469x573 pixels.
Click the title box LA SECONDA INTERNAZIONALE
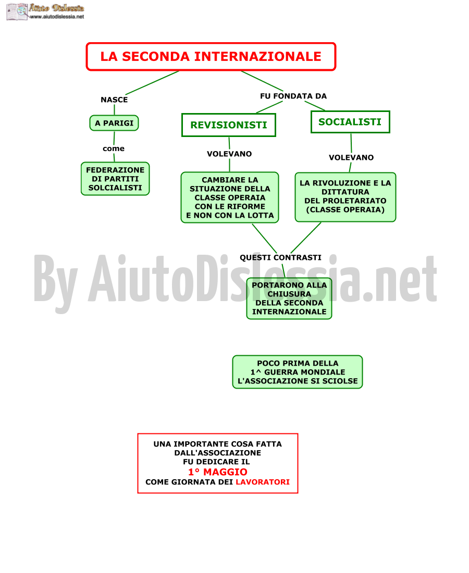211,57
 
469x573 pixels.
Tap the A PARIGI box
114,123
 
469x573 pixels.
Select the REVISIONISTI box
229,125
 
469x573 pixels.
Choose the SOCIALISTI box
350,122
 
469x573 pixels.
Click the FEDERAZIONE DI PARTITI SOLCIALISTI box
115,179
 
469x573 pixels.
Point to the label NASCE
115,100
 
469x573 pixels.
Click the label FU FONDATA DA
293,96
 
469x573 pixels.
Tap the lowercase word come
114,149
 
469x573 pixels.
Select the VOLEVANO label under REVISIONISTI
230,154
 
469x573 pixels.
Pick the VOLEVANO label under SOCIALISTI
351,157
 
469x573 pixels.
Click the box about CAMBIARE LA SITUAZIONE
230,197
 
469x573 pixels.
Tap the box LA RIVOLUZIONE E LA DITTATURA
345,197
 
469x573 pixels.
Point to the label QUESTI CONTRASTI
281,258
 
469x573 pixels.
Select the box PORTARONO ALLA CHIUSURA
289,298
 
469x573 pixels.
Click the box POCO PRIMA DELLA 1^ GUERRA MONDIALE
298,372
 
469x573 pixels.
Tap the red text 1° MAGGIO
218,472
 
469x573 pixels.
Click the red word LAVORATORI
263,482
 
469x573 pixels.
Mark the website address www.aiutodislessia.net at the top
57,17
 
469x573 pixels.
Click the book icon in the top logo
17,11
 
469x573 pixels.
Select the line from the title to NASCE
152,83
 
